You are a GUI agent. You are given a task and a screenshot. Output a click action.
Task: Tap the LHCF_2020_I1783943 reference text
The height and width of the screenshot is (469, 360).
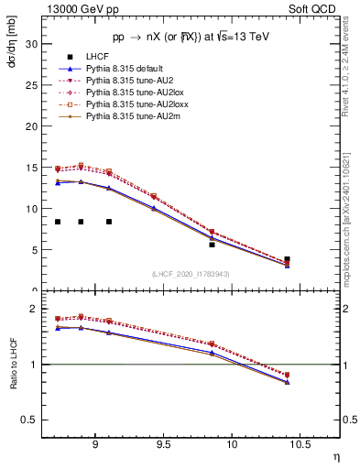coord(189,274)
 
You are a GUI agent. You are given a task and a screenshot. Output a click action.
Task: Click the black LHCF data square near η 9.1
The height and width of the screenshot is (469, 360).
coord(109,222)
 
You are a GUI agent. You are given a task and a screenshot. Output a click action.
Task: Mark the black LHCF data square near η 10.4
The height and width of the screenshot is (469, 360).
coord(287,260)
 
